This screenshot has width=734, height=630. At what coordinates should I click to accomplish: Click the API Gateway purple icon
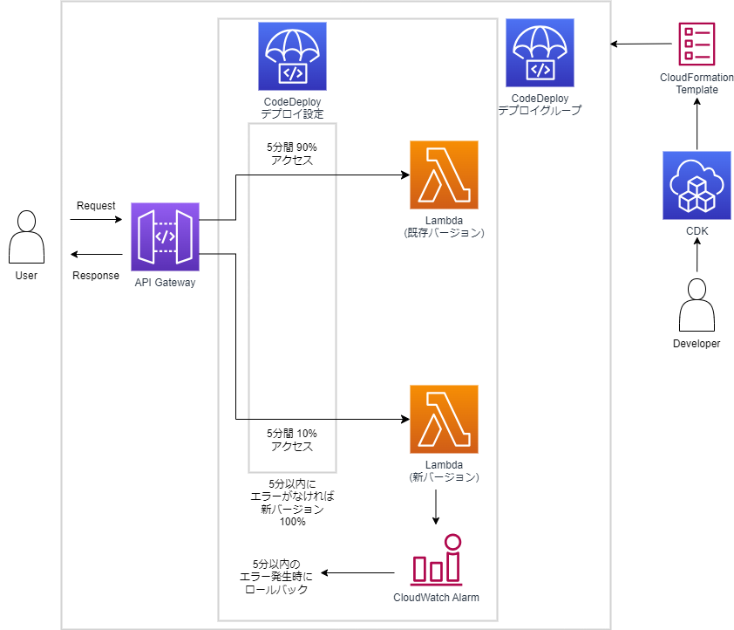(165, 236)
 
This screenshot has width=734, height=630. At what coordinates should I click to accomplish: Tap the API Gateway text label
(165, 283)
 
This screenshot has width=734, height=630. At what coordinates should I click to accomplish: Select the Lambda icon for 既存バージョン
(444, 175)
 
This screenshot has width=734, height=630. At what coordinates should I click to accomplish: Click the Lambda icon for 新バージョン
(444, 419)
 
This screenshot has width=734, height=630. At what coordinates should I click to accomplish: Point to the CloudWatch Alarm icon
(436, 560)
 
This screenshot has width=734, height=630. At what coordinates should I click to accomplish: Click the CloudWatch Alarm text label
(436, 598)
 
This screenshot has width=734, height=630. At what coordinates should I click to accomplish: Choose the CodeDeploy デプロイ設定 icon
(292, 56)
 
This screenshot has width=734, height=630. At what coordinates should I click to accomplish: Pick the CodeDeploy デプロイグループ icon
(540, 52)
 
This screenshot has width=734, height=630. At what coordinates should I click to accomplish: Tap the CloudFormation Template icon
(697, 44)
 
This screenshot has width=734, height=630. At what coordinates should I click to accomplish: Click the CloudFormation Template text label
(697, 83)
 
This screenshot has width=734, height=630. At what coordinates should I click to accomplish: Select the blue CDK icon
(697, 185)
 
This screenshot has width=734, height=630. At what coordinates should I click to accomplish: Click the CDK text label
(697, 231)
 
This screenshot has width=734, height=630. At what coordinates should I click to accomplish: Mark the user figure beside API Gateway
(26, 237)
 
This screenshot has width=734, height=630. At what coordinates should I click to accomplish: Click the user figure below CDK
(697, 305)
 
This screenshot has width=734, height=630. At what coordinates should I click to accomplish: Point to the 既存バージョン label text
(444, 233)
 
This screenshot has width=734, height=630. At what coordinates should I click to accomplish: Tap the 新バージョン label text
(444, 477)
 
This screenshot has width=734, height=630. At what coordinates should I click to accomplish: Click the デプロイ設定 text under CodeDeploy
(292, 114)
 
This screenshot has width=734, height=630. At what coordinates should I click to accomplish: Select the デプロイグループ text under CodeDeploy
(540, 111)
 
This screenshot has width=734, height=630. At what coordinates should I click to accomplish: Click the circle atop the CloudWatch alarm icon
(452, 542)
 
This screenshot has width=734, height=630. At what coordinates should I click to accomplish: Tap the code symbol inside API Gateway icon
(165, 236)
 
